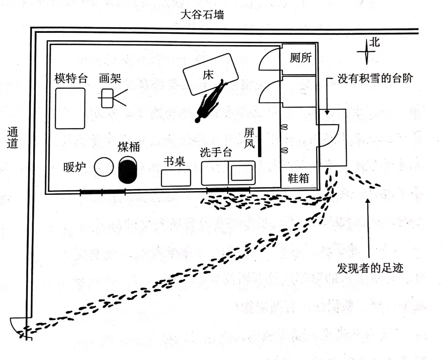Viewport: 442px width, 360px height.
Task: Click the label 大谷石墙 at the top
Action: coord(202,15)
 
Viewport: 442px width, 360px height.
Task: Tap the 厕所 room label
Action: coord(300,58)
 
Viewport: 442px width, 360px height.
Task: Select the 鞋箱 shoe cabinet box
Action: coord(299,178)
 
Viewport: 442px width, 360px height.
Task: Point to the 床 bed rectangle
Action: coord(211,75)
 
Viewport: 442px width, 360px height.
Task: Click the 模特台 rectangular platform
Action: coord(70,108)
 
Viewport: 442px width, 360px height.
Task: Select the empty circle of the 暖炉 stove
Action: coord(104,167)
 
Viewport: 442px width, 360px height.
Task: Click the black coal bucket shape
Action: coord(128,170)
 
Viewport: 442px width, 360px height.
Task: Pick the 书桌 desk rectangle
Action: coord(176,178)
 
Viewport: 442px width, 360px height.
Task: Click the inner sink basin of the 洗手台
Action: coord(242,173)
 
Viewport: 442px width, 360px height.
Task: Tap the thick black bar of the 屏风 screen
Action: coord(259,142)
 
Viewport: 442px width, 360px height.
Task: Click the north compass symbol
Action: coord(366,52)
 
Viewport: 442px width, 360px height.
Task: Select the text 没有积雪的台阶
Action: coord(375,78)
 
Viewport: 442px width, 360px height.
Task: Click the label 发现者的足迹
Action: coord(370,268)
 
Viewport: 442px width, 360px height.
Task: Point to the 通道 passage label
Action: coord(13,138)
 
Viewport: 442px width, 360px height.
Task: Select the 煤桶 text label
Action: coord(129,147)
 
